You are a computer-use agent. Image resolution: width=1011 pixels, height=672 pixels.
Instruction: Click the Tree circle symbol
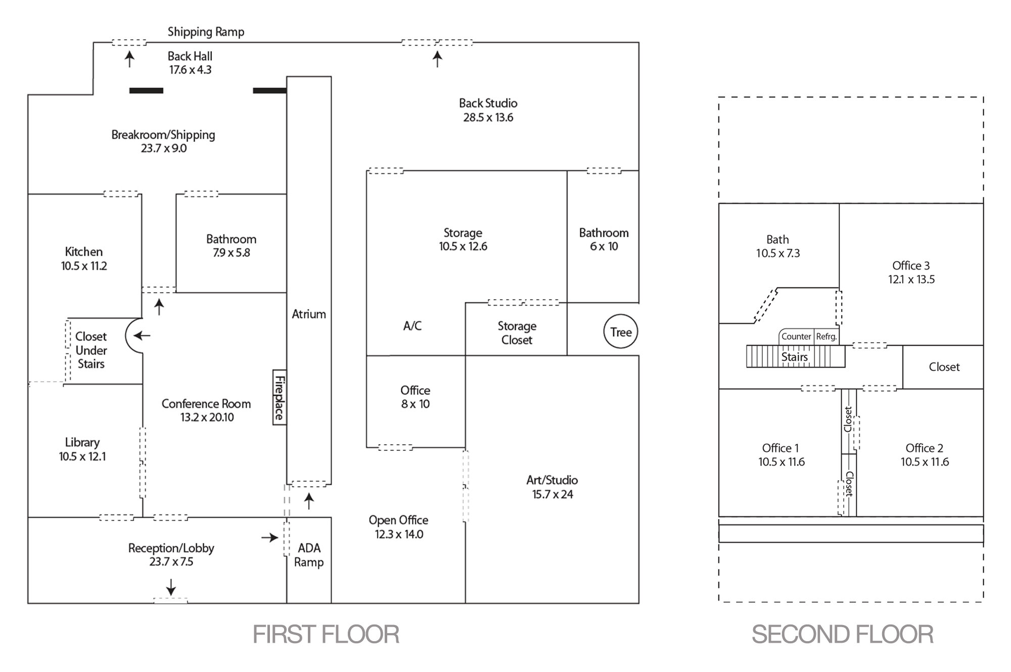(x=621, y=332)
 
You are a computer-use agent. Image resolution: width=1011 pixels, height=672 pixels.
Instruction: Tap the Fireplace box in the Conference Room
(x=280, y=397)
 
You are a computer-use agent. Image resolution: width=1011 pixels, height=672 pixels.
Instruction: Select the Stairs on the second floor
(x=795, y=356)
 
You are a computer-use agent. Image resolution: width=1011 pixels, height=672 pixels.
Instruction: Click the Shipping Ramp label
(x=206, y=32)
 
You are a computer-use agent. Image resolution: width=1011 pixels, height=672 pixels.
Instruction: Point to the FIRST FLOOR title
(x=326, y=635)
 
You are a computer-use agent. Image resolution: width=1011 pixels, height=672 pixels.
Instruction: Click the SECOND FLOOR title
(x=842, y=635)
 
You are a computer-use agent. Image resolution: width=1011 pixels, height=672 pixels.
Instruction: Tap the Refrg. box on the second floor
(x=826, y=337)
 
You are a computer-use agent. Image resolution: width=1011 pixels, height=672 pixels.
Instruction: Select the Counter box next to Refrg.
(x=796, y=337)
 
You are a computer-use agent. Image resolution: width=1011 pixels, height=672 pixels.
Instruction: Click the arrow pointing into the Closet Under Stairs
(x=142, y=335)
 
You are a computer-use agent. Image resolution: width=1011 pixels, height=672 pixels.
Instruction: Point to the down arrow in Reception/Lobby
(x=171, y=587)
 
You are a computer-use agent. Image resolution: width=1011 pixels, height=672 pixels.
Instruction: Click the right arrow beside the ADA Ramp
(x=270, y=538)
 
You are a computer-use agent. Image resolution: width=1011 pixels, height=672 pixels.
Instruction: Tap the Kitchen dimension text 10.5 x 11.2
(x=84, y=266)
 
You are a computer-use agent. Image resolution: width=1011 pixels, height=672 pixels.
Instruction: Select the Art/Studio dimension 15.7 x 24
(x=552, y=494)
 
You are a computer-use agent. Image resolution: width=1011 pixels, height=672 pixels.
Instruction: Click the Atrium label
(x=308, y=314)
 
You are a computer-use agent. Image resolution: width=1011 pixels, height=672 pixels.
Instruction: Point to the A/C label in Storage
(x=412, y=326)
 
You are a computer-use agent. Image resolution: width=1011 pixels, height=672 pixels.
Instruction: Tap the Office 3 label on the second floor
(x=911, y=266)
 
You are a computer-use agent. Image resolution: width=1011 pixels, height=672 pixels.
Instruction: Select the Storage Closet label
(x=517, y=333)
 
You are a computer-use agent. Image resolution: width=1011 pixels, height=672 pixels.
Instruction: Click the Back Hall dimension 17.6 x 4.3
(x=190, y=70)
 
